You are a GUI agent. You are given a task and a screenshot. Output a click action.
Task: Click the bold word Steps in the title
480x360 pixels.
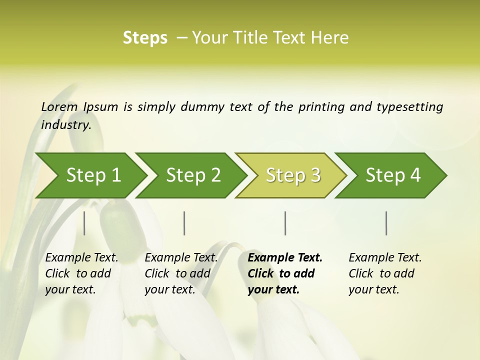coord(145,38)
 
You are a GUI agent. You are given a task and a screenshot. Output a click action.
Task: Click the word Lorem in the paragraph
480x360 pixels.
coord(59,106)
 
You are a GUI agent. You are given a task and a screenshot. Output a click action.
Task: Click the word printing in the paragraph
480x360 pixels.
coord(322,106)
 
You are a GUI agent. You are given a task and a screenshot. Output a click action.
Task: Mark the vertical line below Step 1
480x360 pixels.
coord(84,223)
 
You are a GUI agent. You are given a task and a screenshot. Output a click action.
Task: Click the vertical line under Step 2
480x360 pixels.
coord(184,223)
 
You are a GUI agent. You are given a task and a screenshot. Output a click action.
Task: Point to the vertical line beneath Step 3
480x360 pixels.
coord(285,223)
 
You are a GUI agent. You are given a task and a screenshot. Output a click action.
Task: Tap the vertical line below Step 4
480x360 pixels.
coord(386,223)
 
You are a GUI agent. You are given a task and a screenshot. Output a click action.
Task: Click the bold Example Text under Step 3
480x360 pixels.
coord(285,257)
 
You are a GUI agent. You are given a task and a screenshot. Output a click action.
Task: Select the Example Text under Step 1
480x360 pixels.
coord(81,257)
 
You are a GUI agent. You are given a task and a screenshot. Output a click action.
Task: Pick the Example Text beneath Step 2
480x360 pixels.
coord(181,257)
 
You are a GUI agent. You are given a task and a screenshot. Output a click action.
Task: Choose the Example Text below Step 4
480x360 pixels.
coord(385,257)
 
